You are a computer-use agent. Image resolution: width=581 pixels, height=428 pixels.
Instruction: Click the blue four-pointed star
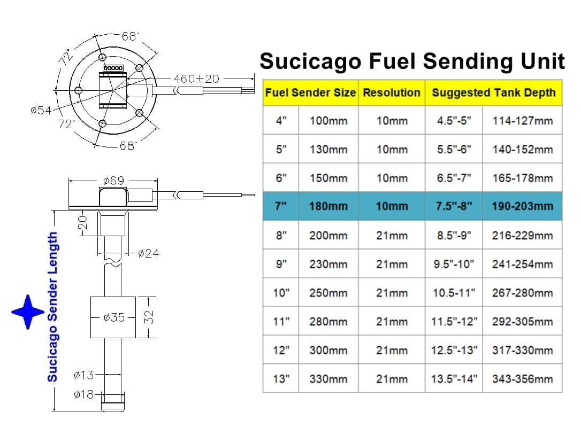point(28,312)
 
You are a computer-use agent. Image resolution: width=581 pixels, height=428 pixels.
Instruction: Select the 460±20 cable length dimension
point(196,79)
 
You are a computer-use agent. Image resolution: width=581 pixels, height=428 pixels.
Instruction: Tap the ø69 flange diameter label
point(113,181)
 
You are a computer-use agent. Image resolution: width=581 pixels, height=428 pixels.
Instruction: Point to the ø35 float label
point(114,317)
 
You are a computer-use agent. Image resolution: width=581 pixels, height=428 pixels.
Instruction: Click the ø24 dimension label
point(148,253)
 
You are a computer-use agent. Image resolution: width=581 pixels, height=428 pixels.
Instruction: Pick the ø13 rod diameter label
point(84,375)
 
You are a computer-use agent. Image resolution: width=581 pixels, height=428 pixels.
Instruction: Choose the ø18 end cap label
point(84,394)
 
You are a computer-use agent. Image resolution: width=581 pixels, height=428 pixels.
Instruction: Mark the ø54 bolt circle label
point(41,110)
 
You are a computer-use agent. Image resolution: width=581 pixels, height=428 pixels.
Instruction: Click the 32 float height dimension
point(148,317)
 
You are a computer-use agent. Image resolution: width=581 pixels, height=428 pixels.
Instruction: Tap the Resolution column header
point(392,92)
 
